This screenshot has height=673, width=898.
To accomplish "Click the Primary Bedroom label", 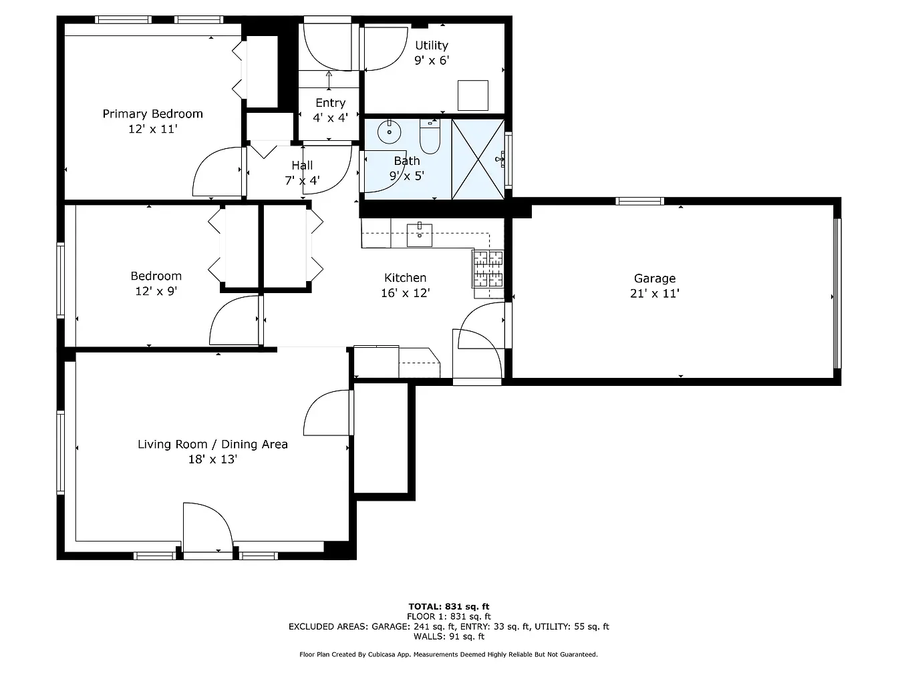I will tap(152, 114).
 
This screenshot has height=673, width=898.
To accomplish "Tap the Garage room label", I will tap(654, 278).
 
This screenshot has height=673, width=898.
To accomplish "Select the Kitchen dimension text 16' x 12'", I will tap(405, 293).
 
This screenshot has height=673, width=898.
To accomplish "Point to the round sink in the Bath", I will tap(389, 132).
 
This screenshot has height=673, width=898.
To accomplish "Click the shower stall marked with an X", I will tap(478, 159).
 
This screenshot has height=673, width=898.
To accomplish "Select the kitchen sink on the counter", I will tap(420, 235).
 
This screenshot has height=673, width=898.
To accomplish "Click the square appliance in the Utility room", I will tap(472, 95).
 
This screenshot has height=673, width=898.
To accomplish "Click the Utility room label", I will tap(431, 45).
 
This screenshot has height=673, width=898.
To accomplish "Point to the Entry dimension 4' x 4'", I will tap(330, 118).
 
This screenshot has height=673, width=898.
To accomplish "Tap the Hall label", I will tap(302, 166).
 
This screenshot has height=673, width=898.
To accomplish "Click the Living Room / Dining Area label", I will tap(212, 444).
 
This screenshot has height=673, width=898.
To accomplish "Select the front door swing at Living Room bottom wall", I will tap(208, 527).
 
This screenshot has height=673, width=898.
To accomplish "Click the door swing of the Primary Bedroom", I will tap(218, 173).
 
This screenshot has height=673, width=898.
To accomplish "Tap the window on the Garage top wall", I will tap(639, 200).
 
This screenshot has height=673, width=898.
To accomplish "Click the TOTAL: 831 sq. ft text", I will tap(448, 607).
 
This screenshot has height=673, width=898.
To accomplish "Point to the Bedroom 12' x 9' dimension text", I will tap(156, 291).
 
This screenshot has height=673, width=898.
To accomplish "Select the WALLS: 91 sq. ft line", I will tap(448, 636).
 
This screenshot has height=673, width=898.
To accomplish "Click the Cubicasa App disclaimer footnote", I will tap(448, 655).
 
